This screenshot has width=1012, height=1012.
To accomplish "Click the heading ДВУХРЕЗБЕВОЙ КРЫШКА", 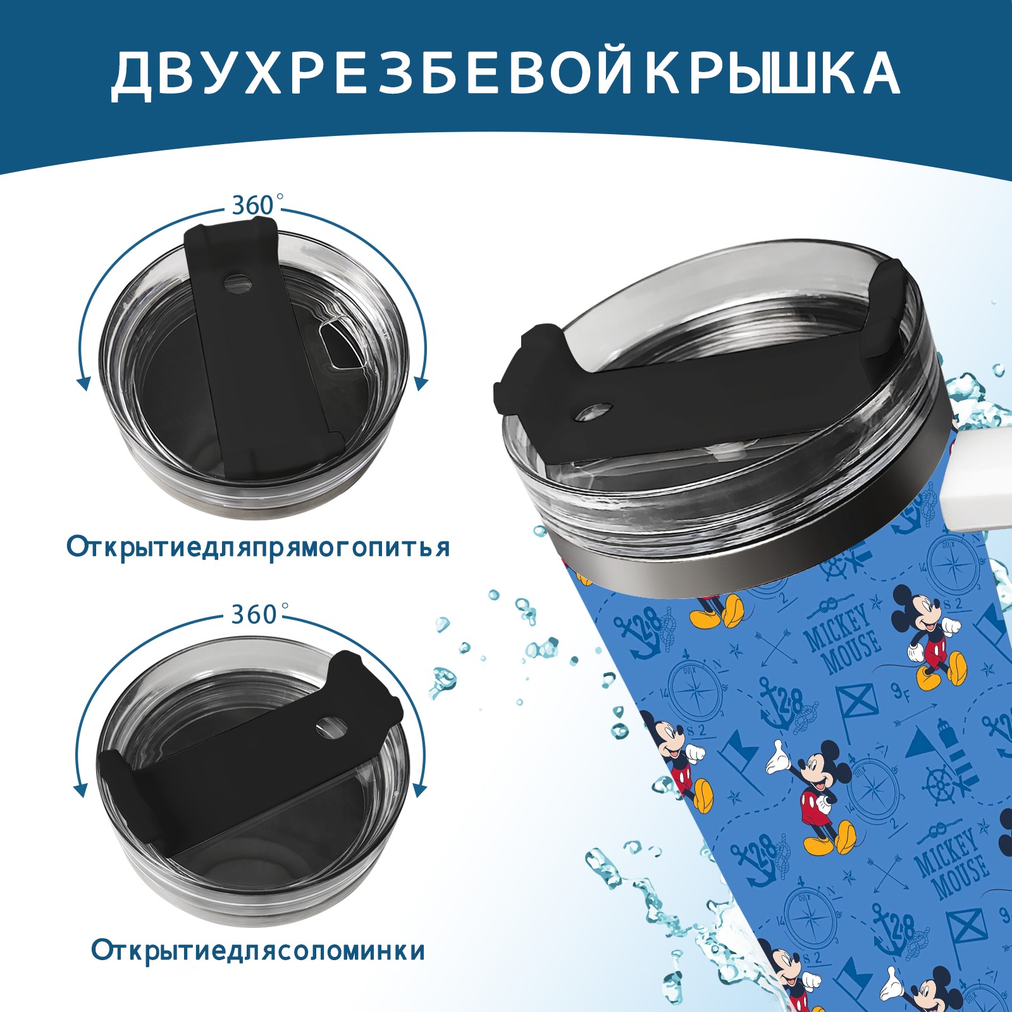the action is pyautogui.click(x=505, y=74).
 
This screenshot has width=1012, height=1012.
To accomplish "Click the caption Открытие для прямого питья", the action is pyautogui.click(x=258, y=547).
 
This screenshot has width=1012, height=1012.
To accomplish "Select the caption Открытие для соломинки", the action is pyautogui.click(x=258, y=950).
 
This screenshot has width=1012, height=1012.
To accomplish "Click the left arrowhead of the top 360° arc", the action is pyautogui.click(x=82, y=383).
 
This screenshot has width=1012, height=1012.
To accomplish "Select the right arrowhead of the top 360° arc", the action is pyautogui.click(x=421, y=383).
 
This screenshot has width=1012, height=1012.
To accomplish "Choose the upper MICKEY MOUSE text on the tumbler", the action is pyautogui.click(x=843, y=639).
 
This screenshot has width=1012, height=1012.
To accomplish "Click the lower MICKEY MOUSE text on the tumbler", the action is pyautogui.click(x=951, y=863).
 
